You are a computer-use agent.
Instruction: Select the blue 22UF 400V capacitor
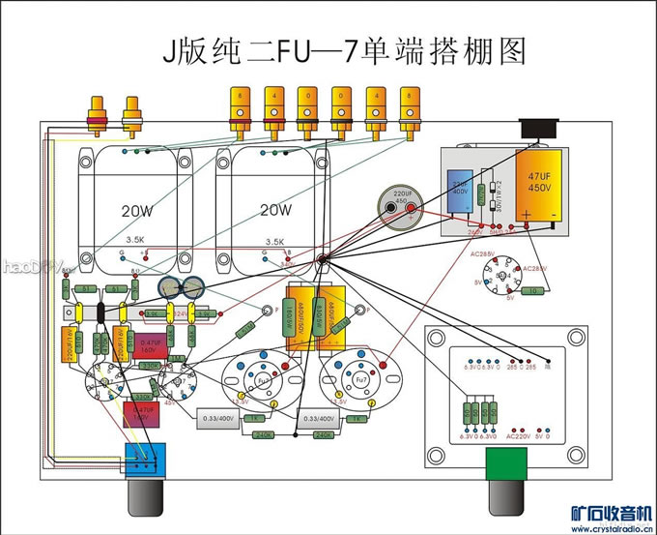461,188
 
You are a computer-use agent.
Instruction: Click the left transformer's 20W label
134,210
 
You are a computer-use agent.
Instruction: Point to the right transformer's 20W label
275,210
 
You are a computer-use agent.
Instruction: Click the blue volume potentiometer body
147,457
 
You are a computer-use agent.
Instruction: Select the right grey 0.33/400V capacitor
318,418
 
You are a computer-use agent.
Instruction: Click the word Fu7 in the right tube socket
356,381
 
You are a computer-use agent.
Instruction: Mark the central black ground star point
323,262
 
